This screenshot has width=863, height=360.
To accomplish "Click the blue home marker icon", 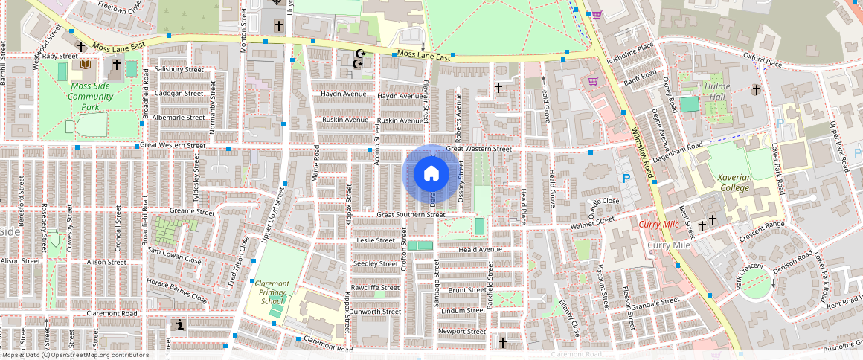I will coord(431,173).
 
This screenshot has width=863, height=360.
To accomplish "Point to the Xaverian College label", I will coord(734,182).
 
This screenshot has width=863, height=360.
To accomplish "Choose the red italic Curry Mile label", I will coord(659,224).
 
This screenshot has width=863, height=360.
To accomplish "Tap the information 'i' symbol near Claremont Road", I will coord(180,325).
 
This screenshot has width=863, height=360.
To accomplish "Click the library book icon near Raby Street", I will coord(86,65).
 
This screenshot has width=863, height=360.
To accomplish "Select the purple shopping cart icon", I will coord(594,81).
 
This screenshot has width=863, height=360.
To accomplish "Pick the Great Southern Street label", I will coord(411,215).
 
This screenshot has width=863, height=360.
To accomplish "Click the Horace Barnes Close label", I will coord(177,290).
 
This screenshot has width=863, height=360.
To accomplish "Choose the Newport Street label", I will coord(461,331).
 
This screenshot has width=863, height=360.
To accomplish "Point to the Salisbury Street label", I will coord(179,69).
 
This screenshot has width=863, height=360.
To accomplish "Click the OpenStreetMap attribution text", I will coord(75,355).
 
